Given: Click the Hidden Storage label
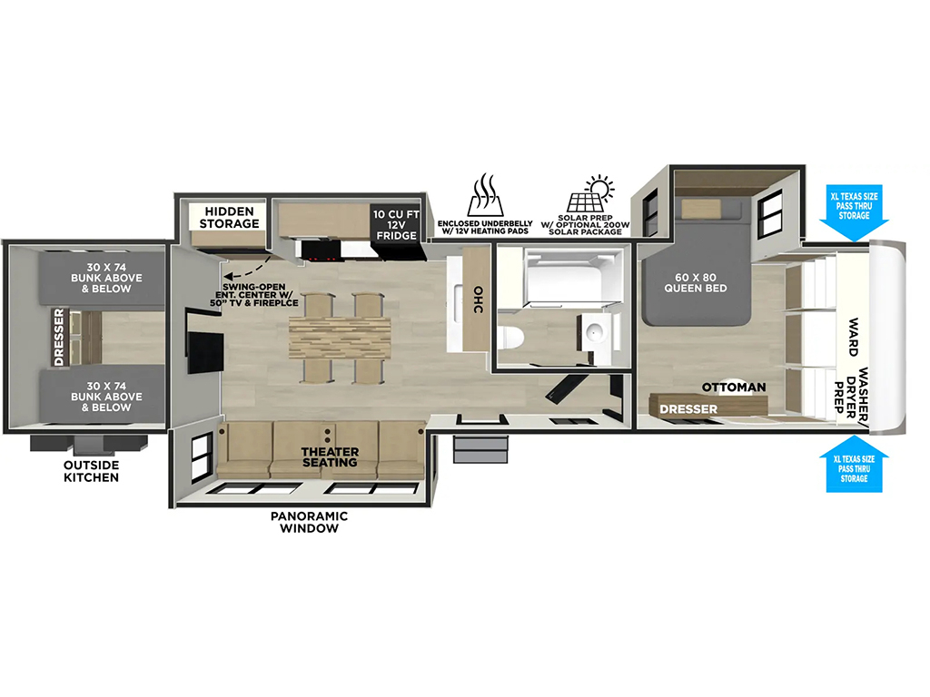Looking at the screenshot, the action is coord(229,218).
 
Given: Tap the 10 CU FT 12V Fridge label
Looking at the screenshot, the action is coord(396,225).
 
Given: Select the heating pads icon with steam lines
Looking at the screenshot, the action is coord(485,195).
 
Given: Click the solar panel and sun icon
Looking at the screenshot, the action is coord(590,193).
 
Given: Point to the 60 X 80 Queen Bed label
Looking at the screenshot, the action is coord(695,283).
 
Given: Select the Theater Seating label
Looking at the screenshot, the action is coord(330,457).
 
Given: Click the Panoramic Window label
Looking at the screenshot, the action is coord(309,522).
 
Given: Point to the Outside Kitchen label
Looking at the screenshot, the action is coord(92,471).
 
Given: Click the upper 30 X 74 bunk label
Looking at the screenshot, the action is coord(107,278).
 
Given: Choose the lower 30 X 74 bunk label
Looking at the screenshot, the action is coord(107,397).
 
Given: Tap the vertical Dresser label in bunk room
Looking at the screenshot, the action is coord(59,337).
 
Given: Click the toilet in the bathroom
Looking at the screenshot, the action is coord(511,339).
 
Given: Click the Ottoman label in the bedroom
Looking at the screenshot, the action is coord(734,387).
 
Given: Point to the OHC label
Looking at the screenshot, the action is coord(478,299).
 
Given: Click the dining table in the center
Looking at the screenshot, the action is coord(340,339).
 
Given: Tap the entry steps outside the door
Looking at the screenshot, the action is coord(480,449).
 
